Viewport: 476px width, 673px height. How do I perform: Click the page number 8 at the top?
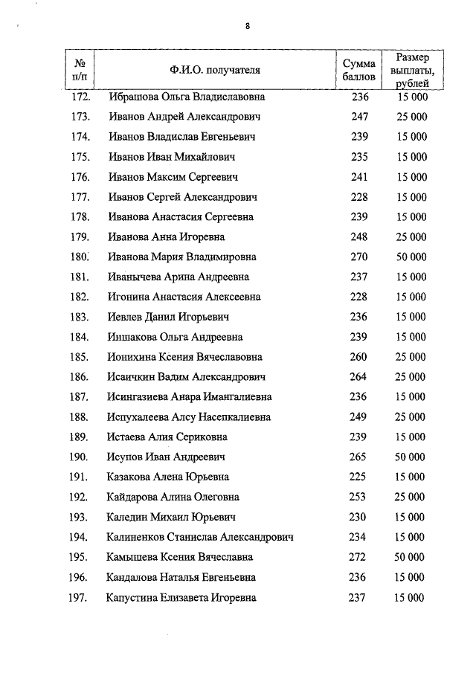pos(247,27)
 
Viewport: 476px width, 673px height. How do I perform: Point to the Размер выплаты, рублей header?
pos(411,71)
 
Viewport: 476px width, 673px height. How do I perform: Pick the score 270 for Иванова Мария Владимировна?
pos(359,257)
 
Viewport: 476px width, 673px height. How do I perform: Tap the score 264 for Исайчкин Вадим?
pos(359,377)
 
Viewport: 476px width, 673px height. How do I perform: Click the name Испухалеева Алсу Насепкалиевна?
pos(189,417)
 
